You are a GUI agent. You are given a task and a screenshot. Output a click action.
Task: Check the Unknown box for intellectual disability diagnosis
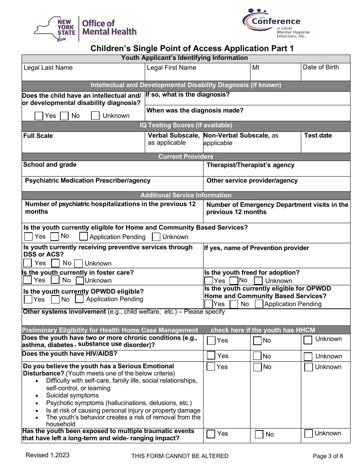pyautogui.click(x=95, y=116)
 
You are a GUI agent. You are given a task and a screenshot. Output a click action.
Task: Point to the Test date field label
pyautogui.click(x=318, y=136)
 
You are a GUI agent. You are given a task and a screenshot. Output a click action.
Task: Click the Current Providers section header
pyautogui.click(x=186, y=156)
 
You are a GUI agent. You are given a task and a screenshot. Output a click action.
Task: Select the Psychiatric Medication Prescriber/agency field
pyautogui.click(x=113, y=183)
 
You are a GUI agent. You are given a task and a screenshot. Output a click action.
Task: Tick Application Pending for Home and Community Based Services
pyautogui.click(x=83, y=237)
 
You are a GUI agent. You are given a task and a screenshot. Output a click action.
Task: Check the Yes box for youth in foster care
pyautogui.click(x=27, y=280)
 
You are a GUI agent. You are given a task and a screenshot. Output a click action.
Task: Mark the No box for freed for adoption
pyautogui.click(x=234, y=281)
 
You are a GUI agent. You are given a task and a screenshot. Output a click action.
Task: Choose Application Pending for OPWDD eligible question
pyautogui.click(x=79, y=299)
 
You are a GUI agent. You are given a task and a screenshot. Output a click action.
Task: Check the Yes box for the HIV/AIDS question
pyautogui.click(x=211, y=356)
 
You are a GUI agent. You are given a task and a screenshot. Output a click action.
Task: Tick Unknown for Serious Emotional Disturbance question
pyautogui.click(x=308, y=367)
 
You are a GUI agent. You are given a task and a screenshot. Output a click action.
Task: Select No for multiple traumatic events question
pyautogui.click(x=259, y=434)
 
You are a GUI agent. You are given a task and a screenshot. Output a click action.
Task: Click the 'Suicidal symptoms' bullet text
pyautogui.click(x=72, y=396)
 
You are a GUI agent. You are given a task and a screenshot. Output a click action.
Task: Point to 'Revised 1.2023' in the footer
pyautogui.click(x=47, y=455)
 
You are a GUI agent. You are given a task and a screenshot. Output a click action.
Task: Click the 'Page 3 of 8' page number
pyautogui.click(x=327, y=456)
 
